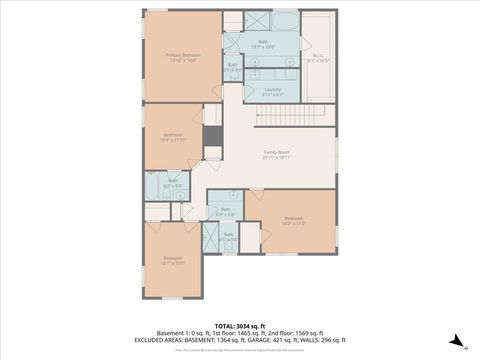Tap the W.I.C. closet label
point(317,58)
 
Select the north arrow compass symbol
point(456,341)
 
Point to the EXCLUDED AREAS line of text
point(239,339)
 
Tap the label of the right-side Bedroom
point(292,220)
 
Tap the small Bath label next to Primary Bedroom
point(232,67)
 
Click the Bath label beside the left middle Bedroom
point(172,182)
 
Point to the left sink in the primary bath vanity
point(254,62)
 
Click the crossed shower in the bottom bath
point(210,234)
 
